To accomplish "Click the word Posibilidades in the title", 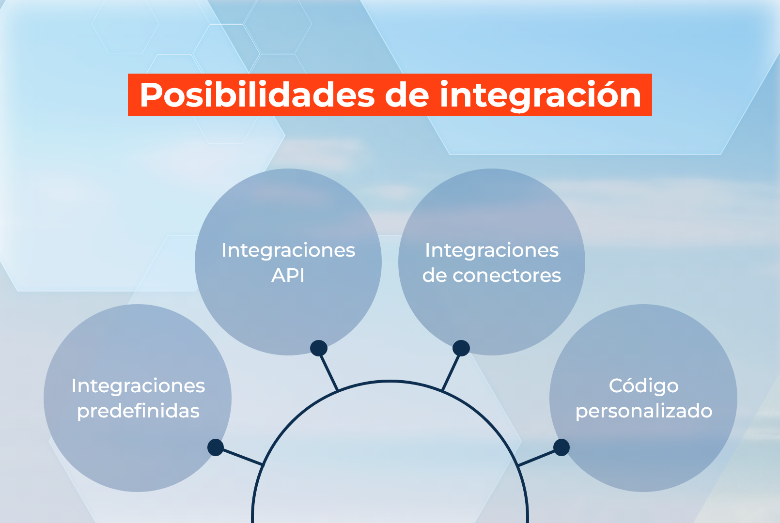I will tap(257, 95).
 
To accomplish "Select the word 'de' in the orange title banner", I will tap(407, 95).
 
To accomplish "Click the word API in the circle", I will tap(288, 276).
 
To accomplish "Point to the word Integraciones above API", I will tap(288, 250).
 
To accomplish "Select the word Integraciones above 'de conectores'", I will tap(492, 250).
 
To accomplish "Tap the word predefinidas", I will tap(138, 411).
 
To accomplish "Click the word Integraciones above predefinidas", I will tap(138, 386).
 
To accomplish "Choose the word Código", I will tap(643, 386).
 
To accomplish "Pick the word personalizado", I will tap(643, 411).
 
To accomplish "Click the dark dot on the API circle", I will tap(319, 348).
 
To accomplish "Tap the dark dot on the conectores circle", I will tap(461, 348).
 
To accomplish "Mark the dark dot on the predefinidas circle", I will tap(216, 447).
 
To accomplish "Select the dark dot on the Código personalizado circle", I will tap(561, 447).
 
